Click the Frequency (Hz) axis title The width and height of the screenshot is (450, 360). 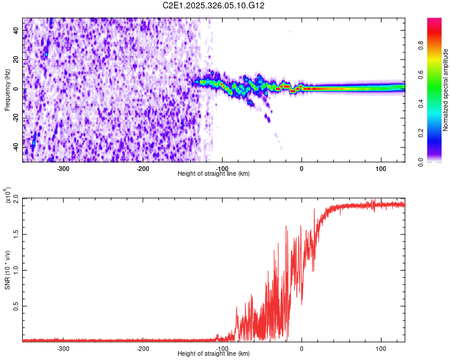(7, 90)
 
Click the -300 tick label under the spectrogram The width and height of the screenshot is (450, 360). (63, 168)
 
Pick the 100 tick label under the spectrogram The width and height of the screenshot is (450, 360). (381, 168)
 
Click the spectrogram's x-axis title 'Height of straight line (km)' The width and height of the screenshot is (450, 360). (214, 173)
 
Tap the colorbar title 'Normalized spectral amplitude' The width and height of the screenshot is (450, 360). (446, 91)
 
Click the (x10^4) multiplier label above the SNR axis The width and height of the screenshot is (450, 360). (7, 196)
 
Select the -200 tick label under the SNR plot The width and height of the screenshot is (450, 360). (142, 348)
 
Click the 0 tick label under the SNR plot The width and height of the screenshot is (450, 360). (301, 348)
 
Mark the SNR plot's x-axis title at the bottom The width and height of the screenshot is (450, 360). (214, 353)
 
